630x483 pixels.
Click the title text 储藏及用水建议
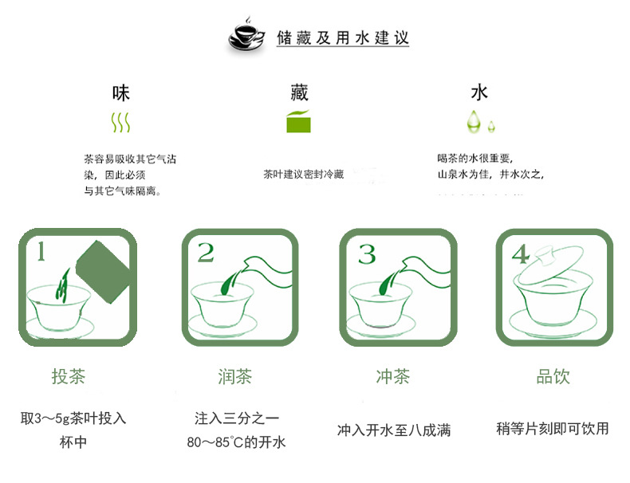click(343, 37)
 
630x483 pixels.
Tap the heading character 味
click(120, 92)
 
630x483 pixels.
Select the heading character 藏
click(298, 92)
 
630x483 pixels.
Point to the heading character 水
click(478, 92)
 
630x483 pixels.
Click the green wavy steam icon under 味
click(120, 122)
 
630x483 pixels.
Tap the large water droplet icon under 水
click(474, 121)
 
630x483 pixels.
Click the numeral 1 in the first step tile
click(41, 253)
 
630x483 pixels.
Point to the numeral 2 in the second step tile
click(206, 253)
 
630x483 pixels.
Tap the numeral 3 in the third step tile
click(366, 253)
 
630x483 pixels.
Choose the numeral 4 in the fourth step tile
click(521, 254)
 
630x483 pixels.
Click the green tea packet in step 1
click(101, 273)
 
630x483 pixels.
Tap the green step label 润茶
click(235, 376)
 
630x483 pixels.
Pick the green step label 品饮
click(553, 376)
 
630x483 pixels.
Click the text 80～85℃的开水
click(236, 442)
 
